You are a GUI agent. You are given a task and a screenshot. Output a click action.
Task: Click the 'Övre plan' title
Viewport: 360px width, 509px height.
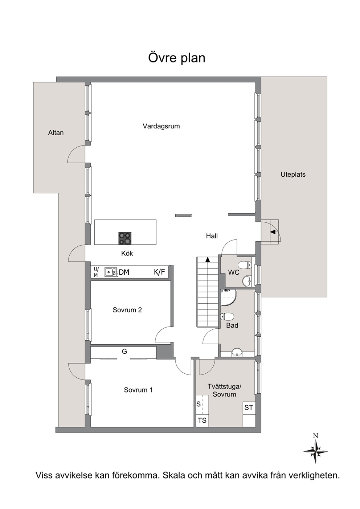[177, 58]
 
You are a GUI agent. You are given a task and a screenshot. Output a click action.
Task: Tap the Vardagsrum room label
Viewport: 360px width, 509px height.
[161, 126]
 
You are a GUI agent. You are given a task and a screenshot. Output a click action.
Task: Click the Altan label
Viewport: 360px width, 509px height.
[56, 133]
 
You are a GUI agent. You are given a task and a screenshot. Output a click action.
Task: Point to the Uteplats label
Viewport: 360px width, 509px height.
[293, 175]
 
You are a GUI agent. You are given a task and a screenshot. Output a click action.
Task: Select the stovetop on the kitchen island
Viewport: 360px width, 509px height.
[125, 238]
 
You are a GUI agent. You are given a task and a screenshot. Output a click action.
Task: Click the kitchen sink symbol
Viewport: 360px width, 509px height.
[111, 272]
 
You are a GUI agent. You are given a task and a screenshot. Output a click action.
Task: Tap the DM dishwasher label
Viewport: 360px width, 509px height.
[124, 272]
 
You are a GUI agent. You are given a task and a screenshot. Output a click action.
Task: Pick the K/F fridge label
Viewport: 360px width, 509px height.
[159, 272]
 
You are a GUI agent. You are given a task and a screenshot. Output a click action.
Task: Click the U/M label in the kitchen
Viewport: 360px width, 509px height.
[96, 272]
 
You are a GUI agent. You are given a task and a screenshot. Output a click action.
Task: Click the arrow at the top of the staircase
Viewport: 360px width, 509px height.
[208, 259]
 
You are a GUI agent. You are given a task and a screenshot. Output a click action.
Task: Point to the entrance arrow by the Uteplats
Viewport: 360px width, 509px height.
[273, 232]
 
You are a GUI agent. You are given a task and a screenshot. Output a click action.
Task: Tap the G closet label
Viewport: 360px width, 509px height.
[124, 352]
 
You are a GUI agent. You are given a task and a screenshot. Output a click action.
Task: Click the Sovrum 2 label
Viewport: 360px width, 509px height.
[127, 310]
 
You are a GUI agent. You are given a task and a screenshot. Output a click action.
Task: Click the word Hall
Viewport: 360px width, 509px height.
[212, 236]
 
